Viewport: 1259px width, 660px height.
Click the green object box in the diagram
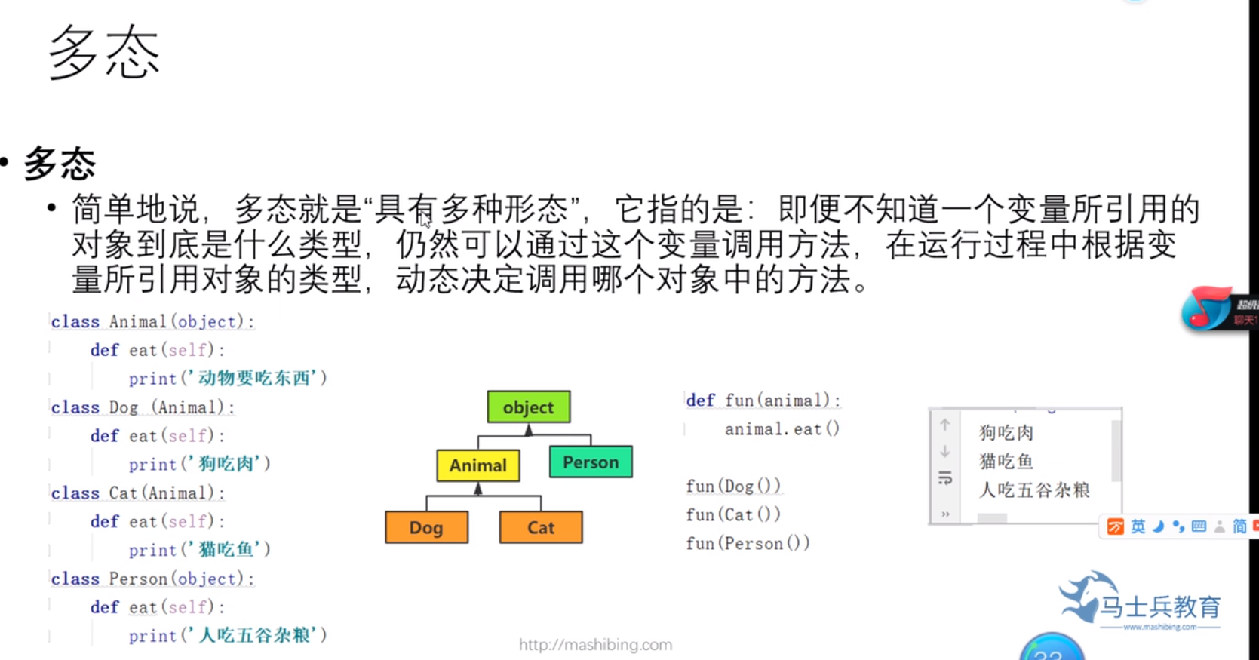528,407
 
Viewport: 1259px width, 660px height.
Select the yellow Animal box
478,465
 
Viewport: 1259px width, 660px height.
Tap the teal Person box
591,462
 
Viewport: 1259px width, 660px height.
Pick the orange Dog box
426,528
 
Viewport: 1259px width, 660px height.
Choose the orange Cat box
541,528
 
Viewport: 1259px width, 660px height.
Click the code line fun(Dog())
732,487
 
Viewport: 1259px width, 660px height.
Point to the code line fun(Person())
748,544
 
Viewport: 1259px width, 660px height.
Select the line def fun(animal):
763,401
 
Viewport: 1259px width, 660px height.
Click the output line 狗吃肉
1006,433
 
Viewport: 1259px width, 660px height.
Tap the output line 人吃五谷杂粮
1034,490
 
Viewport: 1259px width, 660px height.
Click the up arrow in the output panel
944,425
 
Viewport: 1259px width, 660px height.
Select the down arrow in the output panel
944,452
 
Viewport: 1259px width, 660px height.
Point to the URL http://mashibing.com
595,645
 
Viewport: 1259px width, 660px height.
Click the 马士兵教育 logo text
1159,606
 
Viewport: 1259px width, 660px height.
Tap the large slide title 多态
104,53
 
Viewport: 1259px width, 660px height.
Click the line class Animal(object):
152,322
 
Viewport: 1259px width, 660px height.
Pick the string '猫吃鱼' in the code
226,550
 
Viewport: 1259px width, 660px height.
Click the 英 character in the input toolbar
1138,526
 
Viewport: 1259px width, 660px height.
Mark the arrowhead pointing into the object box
529,430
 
